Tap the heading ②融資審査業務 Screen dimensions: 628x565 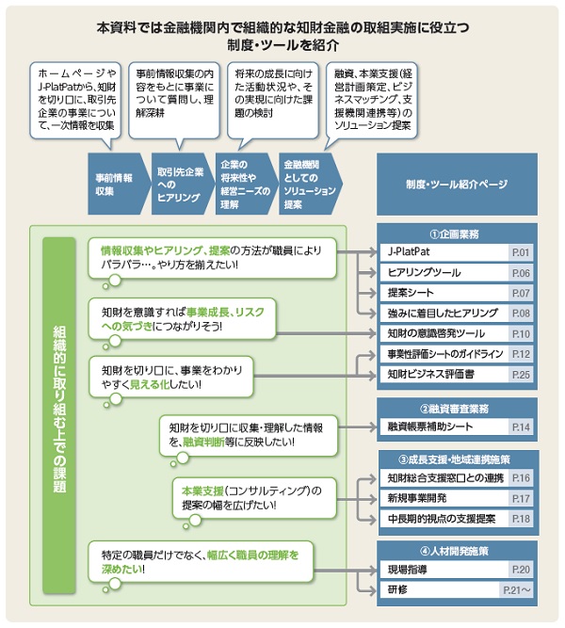coord(457,408)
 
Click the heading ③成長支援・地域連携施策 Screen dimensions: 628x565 coord(457,459)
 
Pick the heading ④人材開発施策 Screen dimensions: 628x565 coord(457,550)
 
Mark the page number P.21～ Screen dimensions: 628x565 coord(518,591)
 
